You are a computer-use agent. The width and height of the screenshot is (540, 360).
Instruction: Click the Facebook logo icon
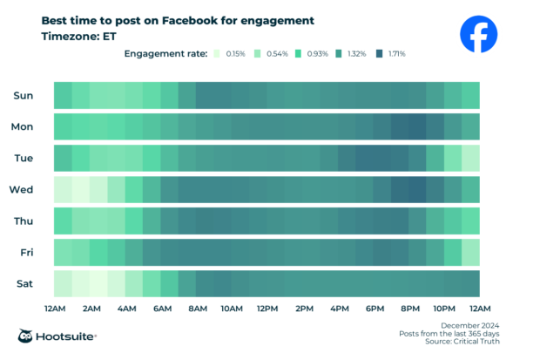pyautogui.click(x=479, y=35)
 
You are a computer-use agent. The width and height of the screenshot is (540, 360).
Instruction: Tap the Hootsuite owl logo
pyautogui.click(x=27, y=336)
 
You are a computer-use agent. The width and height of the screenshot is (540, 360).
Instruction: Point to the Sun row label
pyautogui.click(x=23, y=95)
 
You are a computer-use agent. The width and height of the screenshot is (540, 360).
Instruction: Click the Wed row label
pyautogui.click(x=22, y=189)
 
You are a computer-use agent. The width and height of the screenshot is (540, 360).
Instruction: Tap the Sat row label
pyautogui.click(x=24, y=283)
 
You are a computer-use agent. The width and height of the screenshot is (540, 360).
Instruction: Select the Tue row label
pyautogui.click(x=23, y=158)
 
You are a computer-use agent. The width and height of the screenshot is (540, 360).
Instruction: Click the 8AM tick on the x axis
pyautogui.click(x=196, y=309)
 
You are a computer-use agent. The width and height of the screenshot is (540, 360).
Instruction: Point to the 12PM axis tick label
pyautogui.click(x=267, y=309)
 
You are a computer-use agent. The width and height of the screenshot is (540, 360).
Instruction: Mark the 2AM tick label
pyautogui.click(x=90, y=309)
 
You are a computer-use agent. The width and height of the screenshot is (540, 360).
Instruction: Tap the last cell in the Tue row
pyautogui.click(x=470, y=158)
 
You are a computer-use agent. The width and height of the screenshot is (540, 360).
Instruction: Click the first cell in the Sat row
pyautogui.click(x=63, y=283)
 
